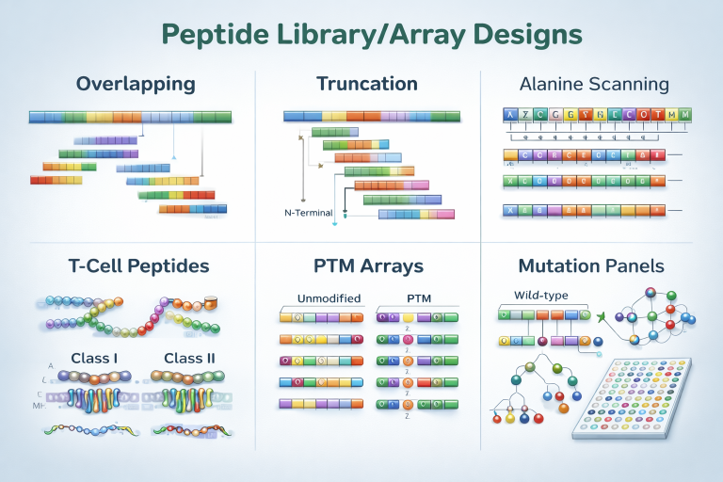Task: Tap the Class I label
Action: [x=95, y=358]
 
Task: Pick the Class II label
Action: [x=190, y=358]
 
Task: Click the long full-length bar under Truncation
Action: [x=371, y=116]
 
